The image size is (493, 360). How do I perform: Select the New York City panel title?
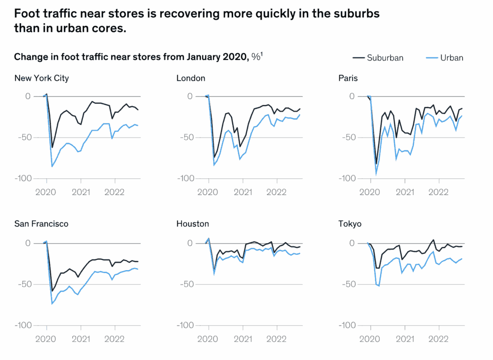42,78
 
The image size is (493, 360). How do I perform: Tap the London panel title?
191,78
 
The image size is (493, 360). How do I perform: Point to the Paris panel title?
348,78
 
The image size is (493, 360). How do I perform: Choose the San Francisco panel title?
41,224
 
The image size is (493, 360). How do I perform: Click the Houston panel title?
192,224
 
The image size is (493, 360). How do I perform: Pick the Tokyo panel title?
350,224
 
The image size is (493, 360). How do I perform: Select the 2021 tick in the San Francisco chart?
80,338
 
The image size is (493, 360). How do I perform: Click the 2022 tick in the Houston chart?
276,338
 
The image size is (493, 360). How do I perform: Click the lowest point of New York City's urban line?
52,166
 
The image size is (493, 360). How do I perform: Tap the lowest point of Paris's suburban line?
377,164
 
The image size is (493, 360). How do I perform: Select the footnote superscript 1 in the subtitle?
261,54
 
